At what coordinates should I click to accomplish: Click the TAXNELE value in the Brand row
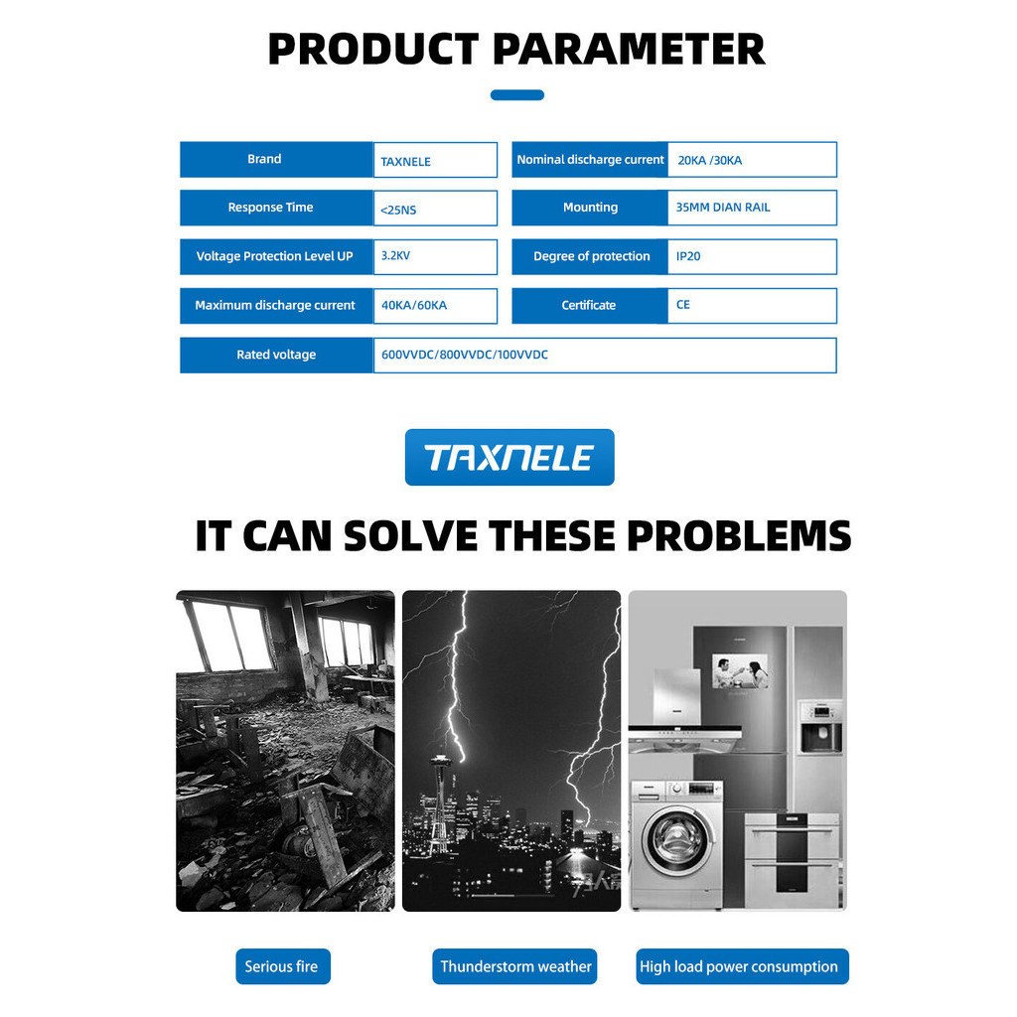405,162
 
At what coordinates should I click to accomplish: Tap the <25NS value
398,211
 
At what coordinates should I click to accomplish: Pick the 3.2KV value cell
435,257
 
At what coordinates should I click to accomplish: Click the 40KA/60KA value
414,305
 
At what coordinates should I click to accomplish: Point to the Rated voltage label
276,355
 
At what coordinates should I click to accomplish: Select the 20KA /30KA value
709,160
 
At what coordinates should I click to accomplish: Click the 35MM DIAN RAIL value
723,208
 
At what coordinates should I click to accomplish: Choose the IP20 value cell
753,257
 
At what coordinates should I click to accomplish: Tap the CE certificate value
683,305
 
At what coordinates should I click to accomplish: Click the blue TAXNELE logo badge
509,457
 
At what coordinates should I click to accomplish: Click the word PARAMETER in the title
629,50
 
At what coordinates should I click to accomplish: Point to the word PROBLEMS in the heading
739,535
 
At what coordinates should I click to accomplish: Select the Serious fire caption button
283,966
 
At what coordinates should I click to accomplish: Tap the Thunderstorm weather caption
515,966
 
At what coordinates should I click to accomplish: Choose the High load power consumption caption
742,966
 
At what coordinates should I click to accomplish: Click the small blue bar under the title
516,95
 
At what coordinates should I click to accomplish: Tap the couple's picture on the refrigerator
740,671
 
